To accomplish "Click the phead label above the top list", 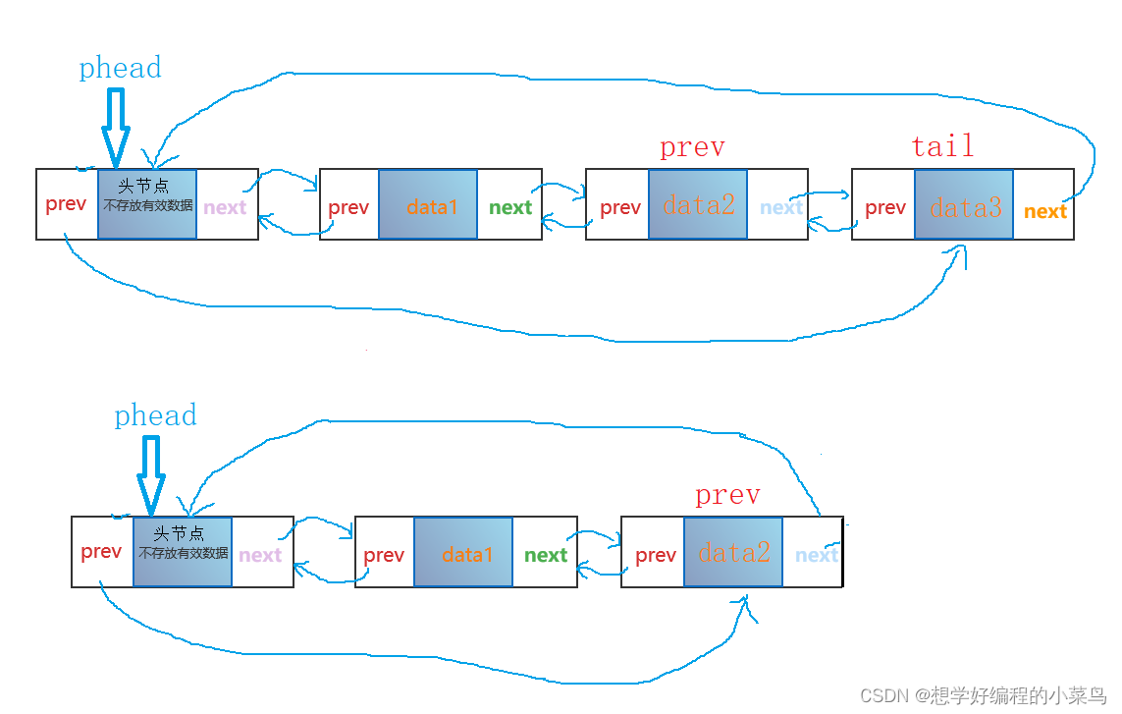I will coord(120,68).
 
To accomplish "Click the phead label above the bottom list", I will coord(155,415).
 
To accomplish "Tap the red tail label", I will coord(942,146).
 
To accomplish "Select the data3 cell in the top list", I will coord(964,205).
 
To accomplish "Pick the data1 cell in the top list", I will coord(428,205).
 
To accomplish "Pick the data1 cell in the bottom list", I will coord(463,553).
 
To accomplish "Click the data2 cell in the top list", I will coord(698,205).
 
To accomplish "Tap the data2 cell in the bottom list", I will coord(733,553).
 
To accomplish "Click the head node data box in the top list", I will coord(147,204).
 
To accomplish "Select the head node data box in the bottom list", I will coord(183,552).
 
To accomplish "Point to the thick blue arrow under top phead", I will coord(116,128).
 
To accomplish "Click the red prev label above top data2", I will coord(692,147).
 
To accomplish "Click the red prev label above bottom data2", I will coord(727,495).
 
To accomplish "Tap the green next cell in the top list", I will coord(509,207).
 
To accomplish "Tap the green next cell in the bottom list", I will coord(545,555).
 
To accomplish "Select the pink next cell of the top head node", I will coord(225,207).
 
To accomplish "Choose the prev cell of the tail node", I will coord(884,207).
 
